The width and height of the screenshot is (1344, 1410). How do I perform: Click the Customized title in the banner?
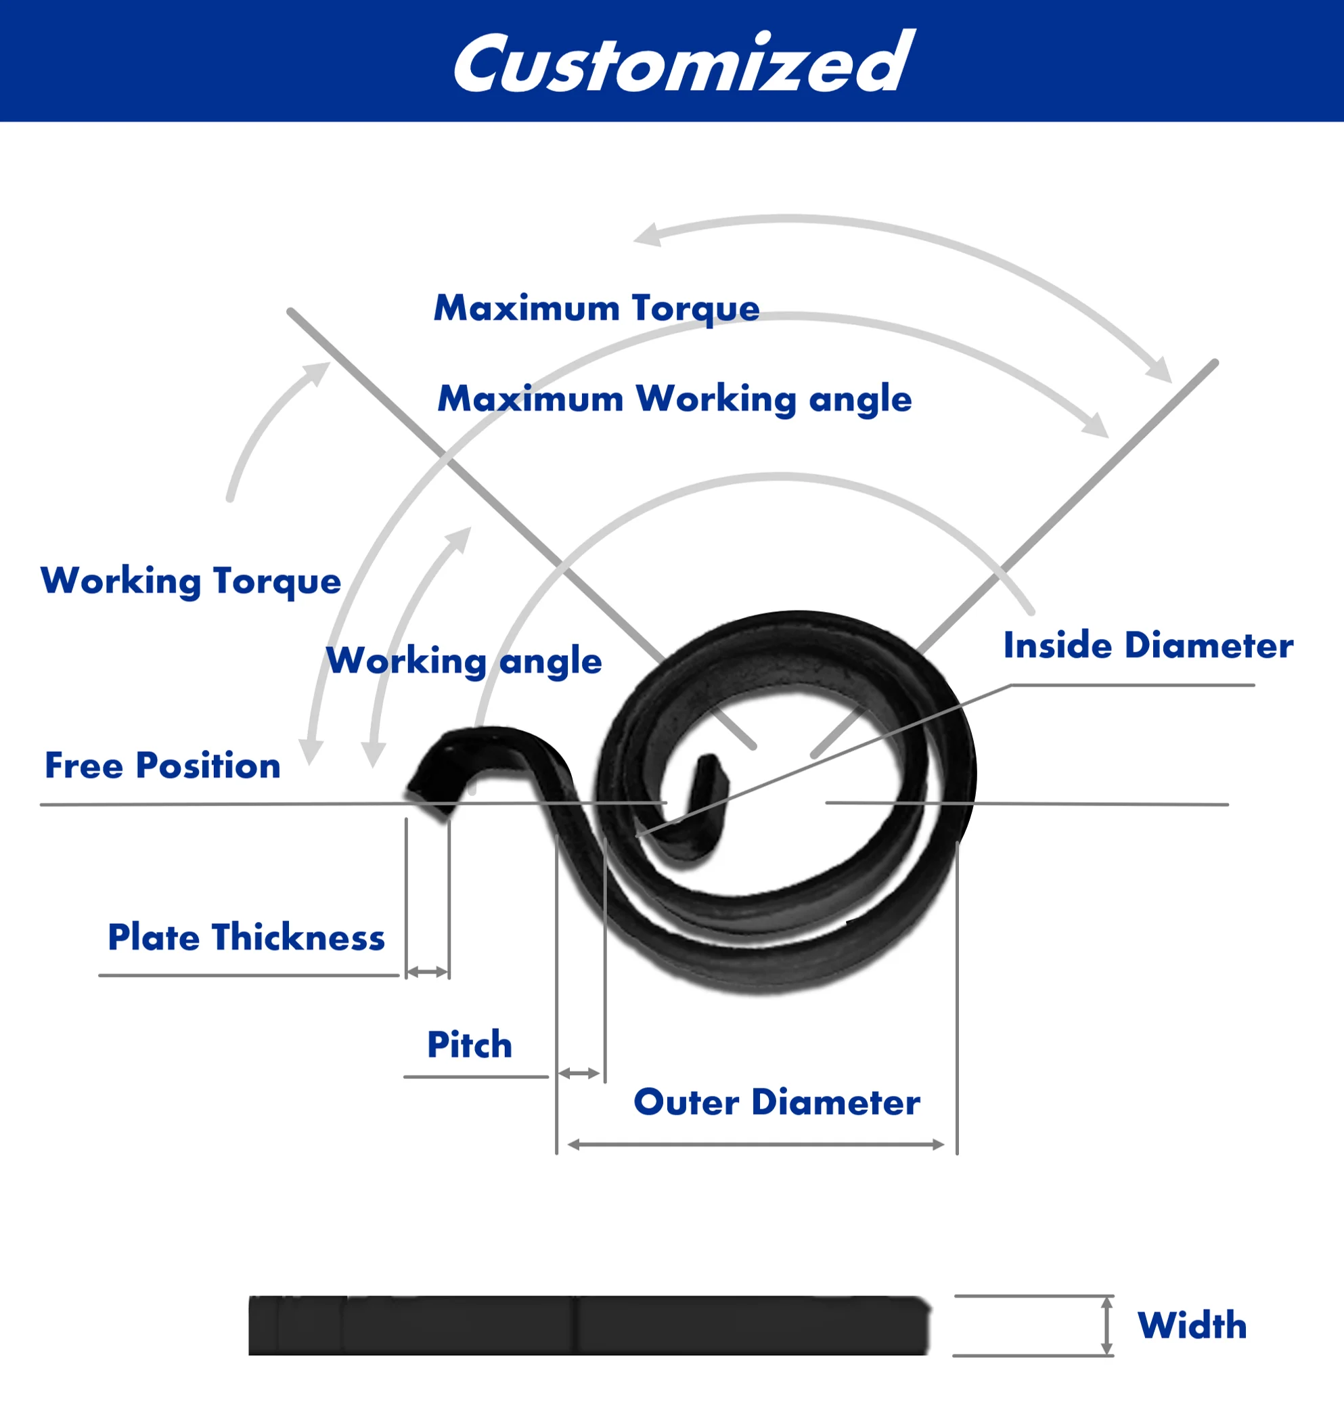click(684, 63)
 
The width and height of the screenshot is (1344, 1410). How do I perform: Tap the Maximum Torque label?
click(596, 308)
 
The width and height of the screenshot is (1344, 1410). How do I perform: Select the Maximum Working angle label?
click(674, 399)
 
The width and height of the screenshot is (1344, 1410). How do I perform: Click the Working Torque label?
click(191, 581)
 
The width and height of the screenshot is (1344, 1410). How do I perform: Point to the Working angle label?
click(464, 661)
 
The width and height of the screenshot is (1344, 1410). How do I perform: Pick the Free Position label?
click(162, 766)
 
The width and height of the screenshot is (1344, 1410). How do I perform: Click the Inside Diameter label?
click(1148, 646)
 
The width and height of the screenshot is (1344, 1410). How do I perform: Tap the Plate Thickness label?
click(246, 938)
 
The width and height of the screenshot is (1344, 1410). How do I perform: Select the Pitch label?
click(470, 1045)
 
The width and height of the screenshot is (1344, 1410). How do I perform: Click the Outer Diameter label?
click(777, 1103)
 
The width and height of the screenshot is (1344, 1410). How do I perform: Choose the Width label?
click(1192, 1325)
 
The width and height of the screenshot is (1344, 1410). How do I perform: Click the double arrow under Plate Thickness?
click(428, 972)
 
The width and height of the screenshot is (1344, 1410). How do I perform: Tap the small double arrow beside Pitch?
click(579, 1074)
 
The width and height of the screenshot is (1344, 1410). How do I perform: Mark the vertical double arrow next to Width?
click(1107, 1325)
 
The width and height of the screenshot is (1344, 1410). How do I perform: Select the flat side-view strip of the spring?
click(587, 1325)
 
